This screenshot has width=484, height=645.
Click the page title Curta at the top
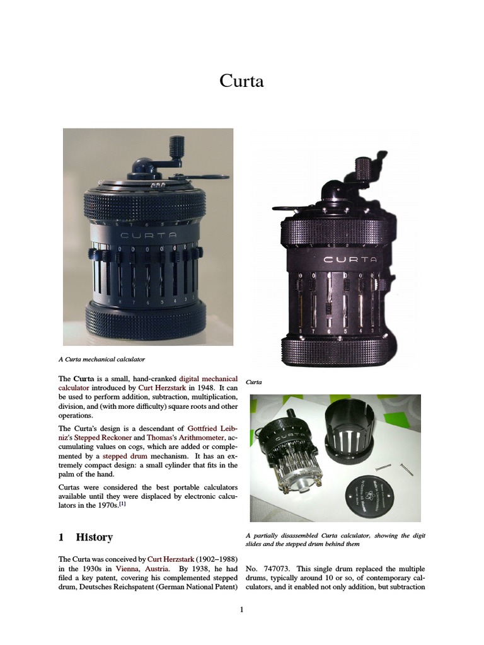(x=242, y=81)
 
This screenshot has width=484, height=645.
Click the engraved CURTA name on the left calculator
(x=144, y=236)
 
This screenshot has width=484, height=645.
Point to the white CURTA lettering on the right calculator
(x=350, y=259)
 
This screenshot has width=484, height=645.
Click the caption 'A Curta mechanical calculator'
(x=101, y=359)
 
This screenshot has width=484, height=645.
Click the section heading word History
(x=95, y=537)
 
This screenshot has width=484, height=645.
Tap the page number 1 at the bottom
(x=242, y=610)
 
